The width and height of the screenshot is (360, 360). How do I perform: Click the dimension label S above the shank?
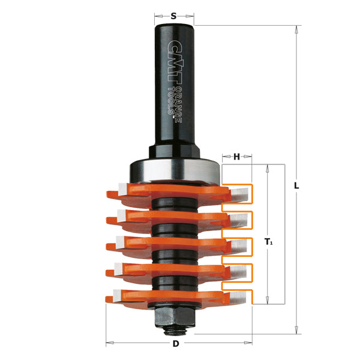tap(173, 16)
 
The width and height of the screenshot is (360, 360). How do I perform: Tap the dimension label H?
tap(236, 157)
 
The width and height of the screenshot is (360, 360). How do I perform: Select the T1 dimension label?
tap(268, 242)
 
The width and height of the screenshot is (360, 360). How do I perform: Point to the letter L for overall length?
tap(296, 185)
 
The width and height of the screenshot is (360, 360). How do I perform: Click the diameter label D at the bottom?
tap(176, 344)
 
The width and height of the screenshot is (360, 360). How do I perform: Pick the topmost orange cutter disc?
tap(168, 192)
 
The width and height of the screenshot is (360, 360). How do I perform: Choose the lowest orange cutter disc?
tap(168, 296)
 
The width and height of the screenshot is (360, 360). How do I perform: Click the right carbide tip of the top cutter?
tap(240, 194)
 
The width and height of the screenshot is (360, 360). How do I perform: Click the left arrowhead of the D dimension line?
tap(109, 344)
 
